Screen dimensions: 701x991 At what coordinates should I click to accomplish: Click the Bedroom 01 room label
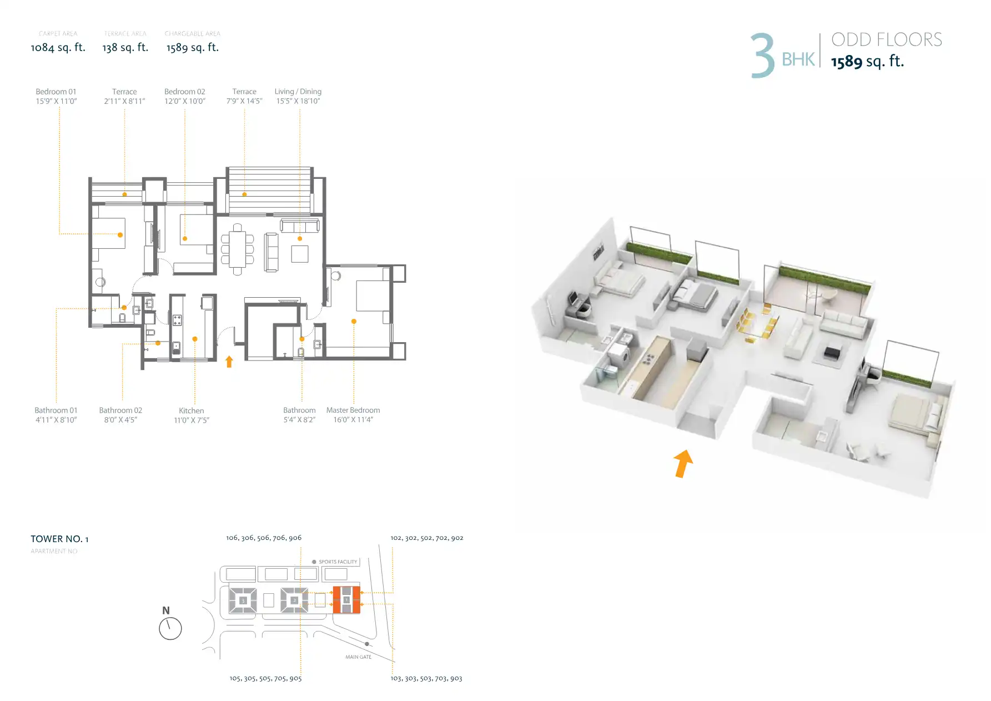[56, 92]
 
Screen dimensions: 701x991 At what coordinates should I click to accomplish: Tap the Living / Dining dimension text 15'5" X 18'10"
[298, 101]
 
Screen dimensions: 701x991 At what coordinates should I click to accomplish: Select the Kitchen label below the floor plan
[192, 410]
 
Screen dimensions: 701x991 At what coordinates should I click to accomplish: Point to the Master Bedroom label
[353, 410]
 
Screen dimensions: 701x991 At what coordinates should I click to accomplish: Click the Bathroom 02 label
[120, 410]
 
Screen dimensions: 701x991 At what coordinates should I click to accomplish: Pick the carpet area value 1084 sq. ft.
[58, 48]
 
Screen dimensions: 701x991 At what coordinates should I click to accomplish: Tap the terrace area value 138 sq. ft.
[125, 48]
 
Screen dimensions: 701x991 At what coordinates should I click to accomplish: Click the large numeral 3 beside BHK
[763, 56]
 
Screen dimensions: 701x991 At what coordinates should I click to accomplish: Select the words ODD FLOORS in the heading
[887, 40]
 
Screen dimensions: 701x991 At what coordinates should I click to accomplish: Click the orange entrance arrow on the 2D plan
[229, 362]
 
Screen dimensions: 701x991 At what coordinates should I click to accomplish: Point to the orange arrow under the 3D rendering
[683, 463]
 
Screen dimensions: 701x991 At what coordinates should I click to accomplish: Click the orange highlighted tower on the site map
[346, 600]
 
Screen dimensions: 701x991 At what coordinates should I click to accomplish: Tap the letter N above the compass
[166, 610]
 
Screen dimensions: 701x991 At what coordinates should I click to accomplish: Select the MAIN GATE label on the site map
[359, 657]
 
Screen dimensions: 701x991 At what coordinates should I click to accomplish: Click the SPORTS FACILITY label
[338, 562]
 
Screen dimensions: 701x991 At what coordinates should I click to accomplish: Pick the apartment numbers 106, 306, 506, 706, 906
[264, 538]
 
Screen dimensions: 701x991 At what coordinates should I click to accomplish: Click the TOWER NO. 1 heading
[59, 539]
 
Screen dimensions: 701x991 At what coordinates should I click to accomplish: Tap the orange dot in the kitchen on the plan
[195, 339]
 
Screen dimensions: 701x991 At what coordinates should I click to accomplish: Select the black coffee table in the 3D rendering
[832, 353]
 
